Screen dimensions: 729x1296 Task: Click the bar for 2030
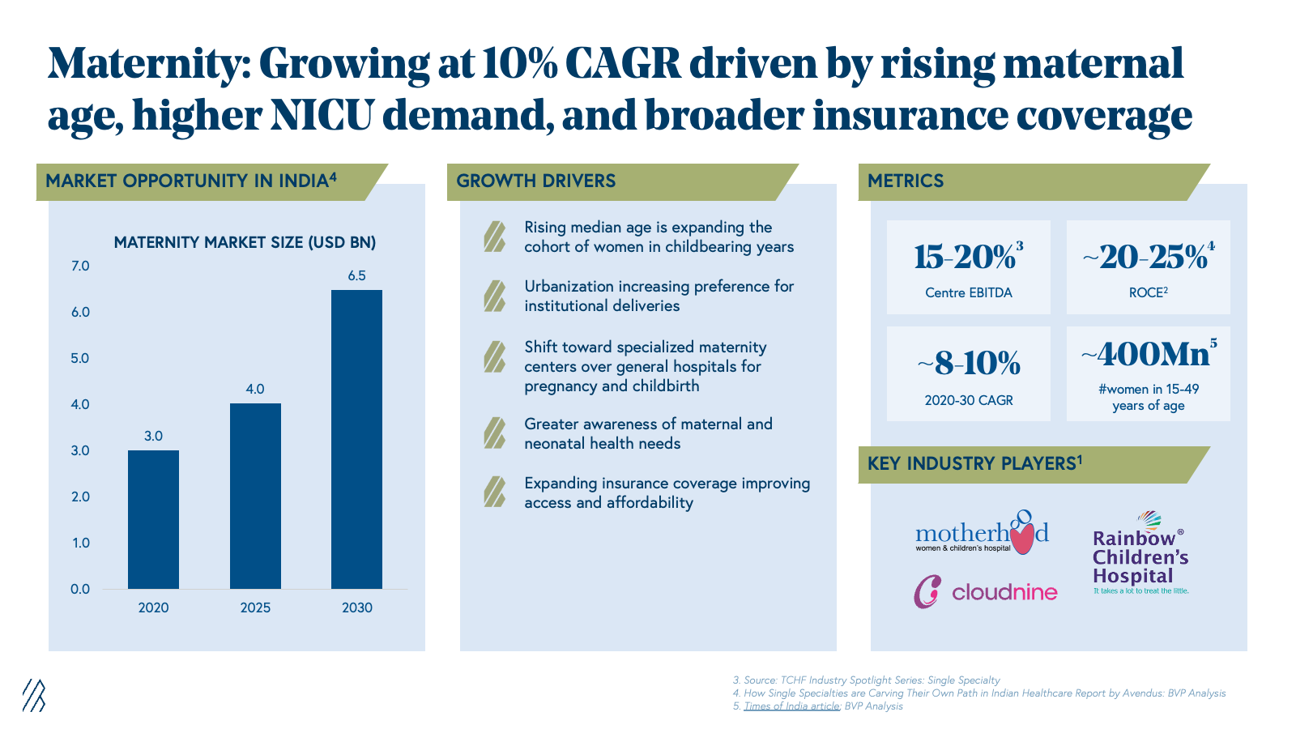point(356,439)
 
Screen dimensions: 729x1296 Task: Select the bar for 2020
point(153,519)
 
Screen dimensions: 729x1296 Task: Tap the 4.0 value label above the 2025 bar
point(255,389)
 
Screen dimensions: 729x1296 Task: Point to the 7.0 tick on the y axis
point(80,266)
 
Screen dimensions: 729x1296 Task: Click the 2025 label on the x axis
point(255,607)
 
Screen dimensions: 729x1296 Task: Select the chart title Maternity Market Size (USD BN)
point(245,242)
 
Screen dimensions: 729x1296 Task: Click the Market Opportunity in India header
point(191,181)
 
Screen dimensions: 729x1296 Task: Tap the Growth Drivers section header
point(536,181)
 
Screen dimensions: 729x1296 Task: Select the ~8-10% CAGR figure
point(969,364)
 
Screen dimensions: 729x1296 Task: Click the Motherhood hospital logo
point(982,533)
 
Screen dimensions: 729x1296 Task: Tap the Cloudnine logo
point(985,592)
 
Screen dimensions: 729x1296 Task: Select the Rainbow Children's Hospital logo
point(1140,554)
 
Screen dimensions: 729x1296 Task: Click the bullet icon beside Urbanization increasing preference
point(494,296)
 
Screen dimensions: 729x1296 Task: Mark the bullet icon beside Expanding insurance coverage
point(494,492)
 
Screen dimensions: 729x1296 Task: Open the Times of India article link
point(791,706)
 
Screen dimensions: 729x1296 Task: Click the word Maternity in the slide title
point(150,63)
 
